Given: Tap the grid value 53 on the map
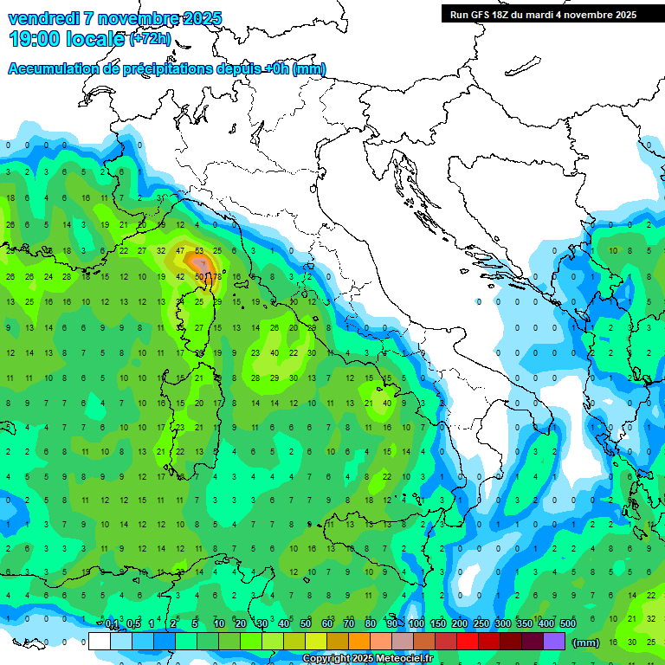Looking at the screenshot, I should pyautogui.click(x=199, y=251).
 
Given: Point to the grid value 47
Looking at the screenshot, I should pyautogui.click(x=180, y=251).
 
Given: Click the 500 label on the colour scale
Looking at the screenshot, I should pyautogui.click(x=568, y=624).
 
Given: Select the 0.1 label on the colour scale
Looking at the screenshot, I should pyautogui.click(x=112, y=624).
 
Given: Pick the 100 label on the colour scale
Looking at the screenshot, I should pyautogui.click(x=416, y=624).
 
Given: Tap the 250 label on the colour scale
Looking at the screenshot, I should pyautogui.click(x=481, y=624).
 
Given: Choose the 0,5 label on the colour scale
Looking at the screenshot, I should pyautogui.click(x=133, y=624).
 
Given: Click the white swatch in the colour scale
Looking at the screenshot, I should pyautogui.click(x=100, y=641).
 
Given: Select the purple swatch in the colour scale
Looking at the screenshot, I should pyautogui.click(x=554, y=641).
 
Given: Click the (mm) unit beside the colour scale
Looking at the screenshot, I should pyautogui.click(x=586, y=642).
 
